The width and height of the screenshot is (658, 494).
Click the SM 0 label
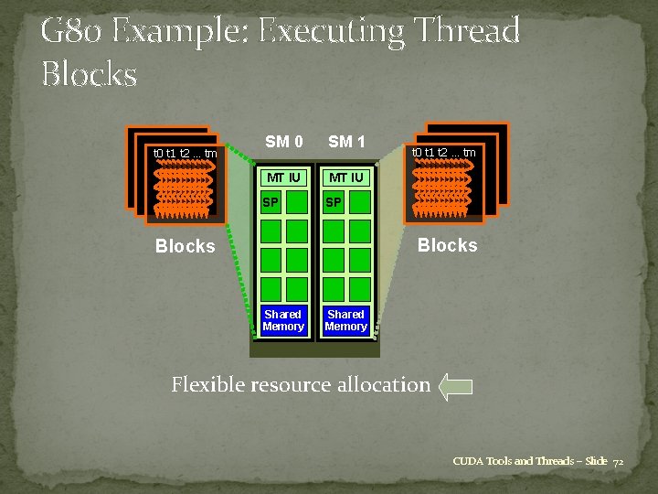[x=283, y=142]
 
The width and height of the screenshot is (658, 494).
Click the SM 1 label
[x=346, y=142]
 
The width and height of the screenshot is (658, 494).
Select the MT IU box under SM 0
[x=283, y=177]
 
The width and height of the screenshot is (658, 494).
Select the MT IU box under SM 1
[x=346, y=177]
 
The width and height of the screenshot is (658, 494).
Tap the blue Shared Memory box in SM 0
[x=283, y=320]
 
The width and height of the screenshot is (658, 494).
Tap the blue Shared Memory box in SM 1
[x=346, y=320]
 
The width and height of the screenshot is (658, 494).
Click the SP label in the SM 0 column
[x=271, y=202]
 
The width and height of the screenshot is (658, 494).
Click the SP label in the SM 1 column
[x=334, y=202]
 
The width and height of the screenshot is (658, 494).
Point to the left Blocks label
[x=185, y=246]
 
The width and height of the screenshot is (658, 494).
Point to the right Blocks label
[x=447, y=245]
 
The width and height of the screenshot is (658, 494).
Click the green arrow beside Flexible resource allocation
[x=455, y=386]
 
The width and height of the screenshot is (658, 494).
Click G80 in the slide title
[x=72, y=31]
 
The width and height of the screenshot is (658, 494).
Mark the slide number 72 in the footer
[x=618, y=461]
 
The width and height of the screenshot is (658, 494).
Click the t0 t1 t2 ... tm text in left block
[x=185, y=153]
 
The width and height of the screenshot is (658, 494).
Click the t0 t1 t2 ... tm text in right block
[x=443, y=152]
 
